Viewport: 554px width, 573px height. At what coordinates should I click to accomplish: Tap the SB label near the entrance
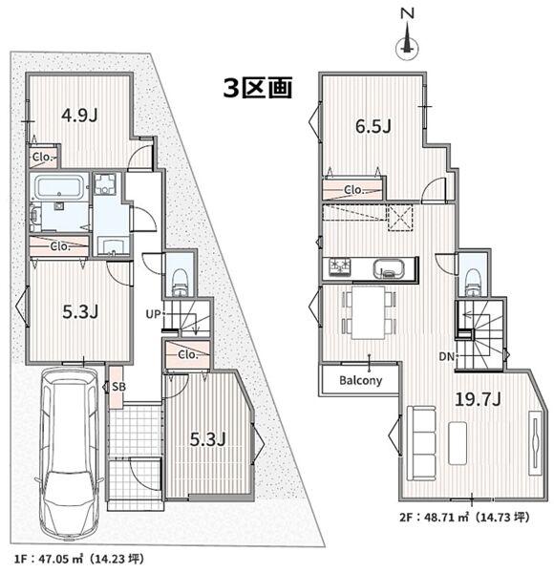pyautogui.click(x=116, y=387)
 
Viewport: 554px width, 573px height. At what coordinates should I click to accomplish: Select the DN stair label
pyautogui.click(x=446, y=357)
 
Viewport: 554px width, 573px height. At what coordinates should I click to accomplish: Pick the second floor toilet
pyautogui.click(x=472, y=278)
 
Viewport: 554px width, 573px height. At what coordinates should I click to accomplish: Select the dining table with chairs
pyautogui.click(x=367, y=312)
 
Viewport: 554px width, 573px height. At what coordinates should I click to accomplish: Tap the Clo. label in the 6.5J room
pyautogui.click(x=353, y=190)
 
